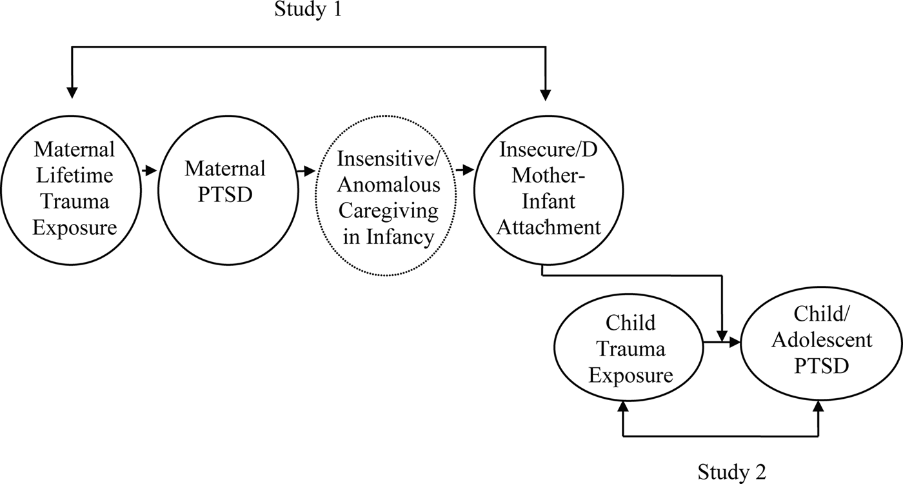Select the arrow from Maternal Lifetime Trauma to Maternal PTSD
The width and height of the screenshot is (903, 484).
pyautogui.click(x=149, y=171)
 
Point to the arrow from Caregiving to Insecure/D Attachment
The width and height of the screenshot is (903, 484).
pyautogui.click(x=464, y=171)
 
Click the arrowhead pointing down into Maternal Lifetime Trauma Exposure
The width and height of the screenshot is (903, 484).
pyautogui.click(x=72, y=92)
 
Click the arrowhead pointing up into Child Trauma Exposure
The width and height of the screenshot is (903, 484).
pyautogui.click(x=623, y=406)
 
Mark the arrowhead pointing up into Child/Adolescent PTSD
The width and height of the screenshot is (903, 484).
pyautogui.click(x=820, y=406)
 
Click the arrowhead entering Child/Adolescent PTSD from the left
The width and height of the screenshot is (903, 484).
pyautogui.click(x=733, y=343)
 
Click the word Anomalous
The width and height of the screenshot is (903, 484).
pyautogui.click(x=390, y=185)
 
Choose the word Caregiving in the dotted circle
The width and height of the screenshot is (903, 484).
pyautogui.click(x=389, y=211)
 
